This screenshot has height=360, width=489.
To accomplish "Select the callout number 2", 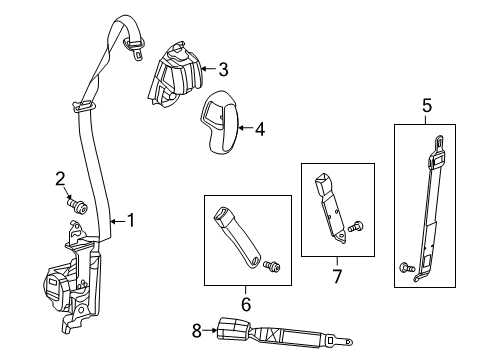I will [60, 179].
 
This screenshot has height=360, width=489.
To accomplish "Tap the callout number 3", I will [223, 69].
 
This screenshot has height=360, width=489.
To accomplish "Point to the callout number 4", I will [260, 128].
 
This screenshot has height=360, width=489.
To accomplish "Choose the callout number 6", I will [246, 302].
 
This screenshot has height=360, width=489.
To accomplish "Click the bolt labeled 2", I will [79, 206].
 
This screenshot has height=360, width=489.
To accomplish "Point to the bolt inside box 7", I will [360, 226].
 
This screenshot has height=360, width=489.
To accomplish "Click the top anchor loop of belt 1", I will [133, 43].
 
